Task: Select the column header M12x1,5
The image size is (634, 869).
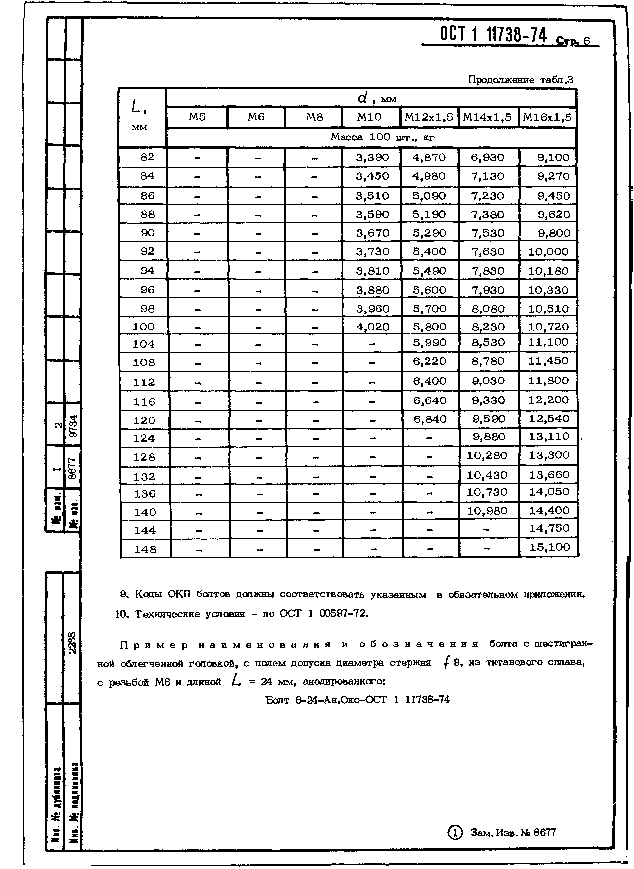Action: coord(429,117)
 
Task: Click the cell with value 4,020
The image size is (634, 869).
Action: coord(372,327)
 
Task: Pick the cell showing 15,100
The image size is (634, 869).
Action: coord(549,547)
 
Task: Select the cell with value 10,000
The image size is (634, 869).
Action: coord(548,252)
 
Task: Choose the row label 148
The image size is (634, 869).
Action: coord(145,549)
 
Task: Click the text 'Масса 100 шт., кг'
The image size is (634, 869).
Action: coord(382,138)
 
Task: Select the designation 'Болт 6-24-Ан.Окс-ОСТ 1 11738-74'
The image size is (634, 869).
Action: coord(357,699)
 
